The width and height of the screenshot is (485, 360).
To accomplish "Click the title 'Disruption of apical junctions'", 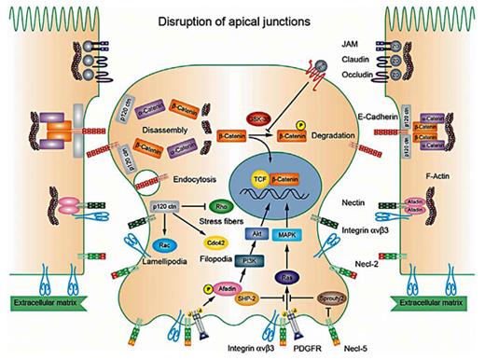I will click(x=244, y=21).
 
